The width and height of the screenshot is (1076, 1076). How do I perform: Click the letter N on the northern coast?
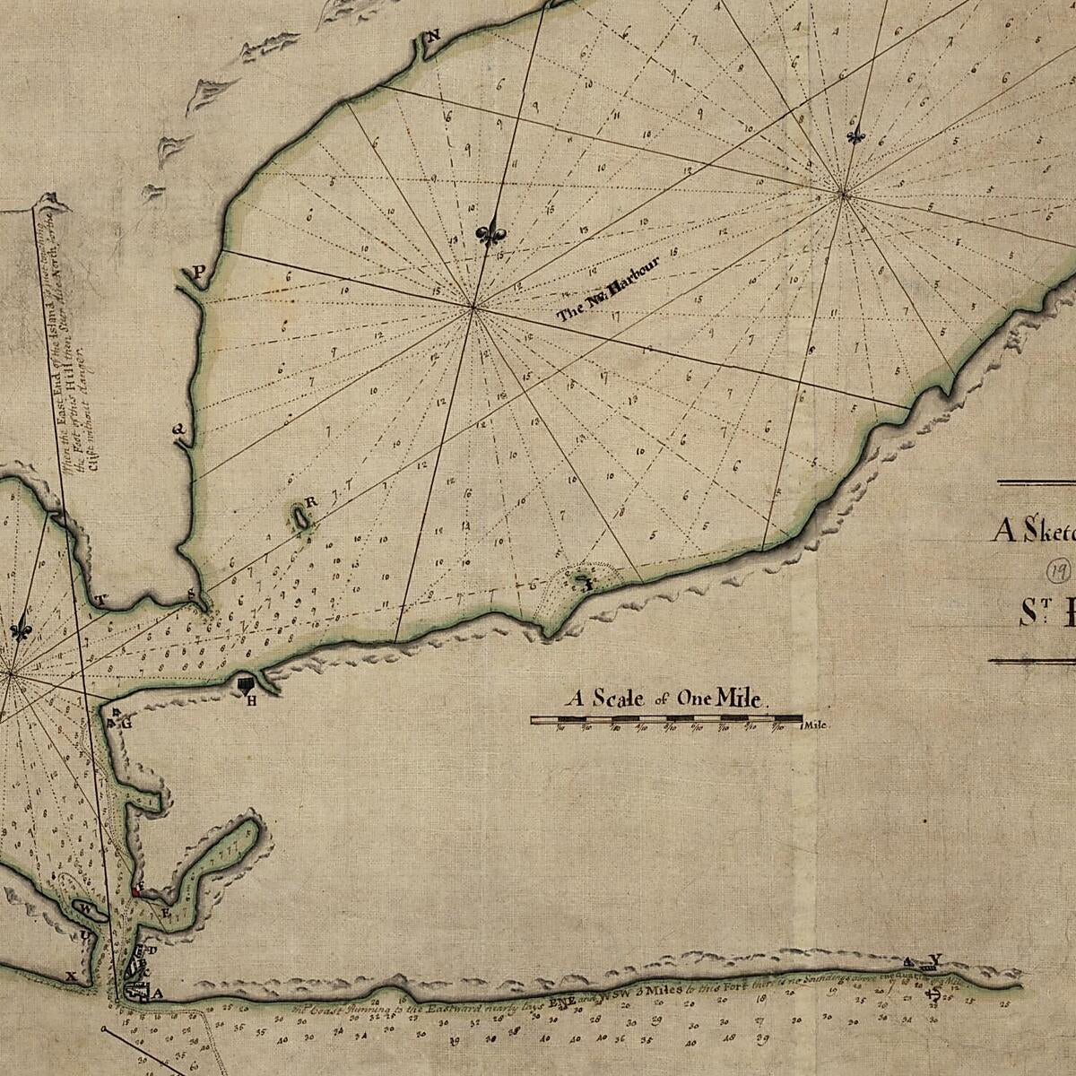point(434,36)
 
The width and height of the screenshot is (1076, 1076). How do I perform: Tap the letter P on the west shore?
point(199,271)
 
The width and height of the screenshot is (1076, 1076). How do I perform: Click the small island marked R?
point(298,516)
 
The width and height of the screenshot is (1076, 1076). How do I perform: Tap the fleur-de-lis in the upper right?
point(858,135)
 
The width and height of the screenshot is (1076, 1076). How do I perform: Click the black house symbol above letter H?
point(247,685)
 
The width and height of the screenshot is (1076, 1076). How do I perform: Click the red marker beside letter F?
point(135,892)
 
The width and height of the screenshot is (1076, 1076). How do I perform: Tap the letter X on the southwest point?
point(71,976)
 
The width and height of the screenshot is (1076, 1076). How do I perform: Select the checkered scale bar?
point(666,719)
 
